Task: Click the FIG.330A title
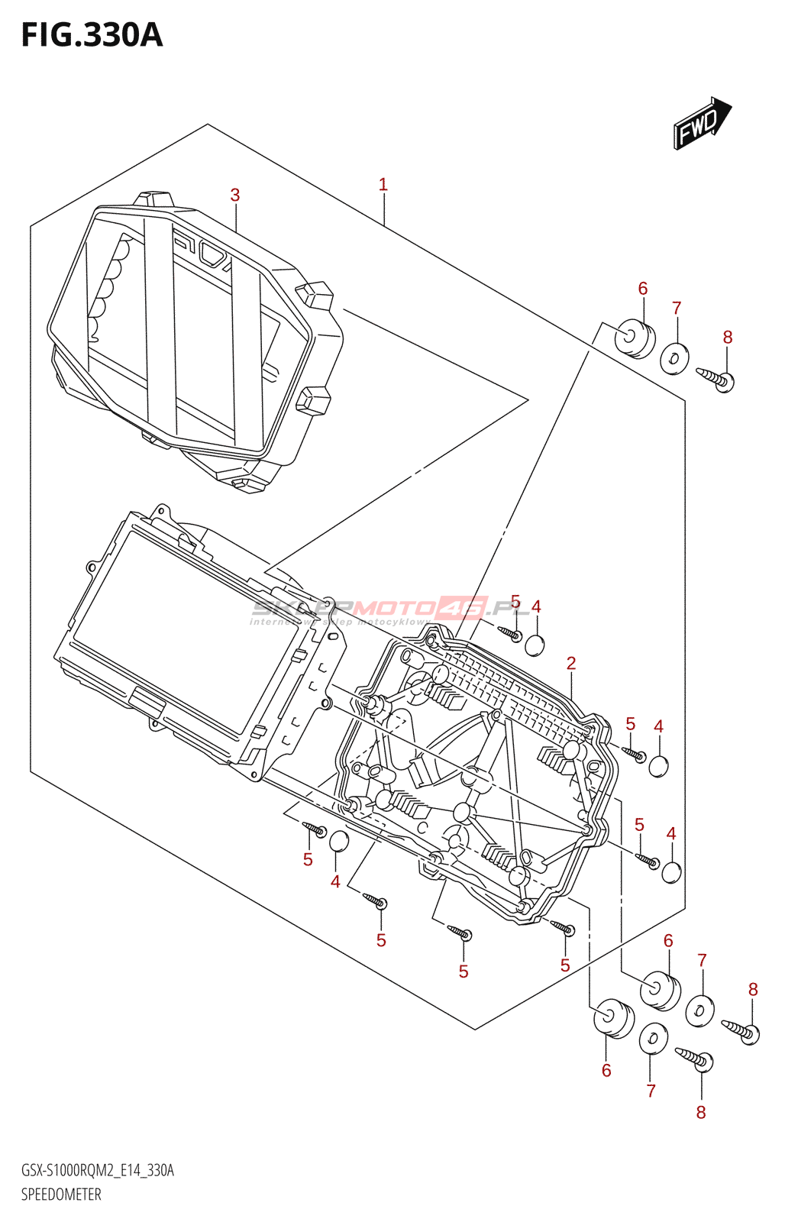(x=92, y=35)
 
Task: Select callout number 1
(x=383, y=185)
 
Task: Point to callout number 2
(x=571, y=663)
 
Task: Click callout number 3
(x=235, y=196)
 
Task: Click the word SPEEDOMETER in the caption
(x=61, y=1195)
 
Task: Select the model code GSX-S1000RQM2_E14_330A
(x=98, y=1170)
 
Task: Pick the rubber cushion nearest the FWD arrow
(x=635, y=338)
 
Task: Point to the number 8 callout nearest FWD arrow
(x=728, y=338)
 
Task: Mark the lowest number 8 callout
(x=701, y=1113)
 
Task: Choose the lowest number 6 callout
(x=606, y=1071)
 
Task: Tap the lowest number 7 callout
(x=651, y=1091)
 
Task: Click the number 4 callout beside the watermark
(x=536, y=607)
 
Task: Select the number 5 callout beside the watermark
(x=515, y=602)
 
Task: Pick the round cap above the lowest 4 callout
(x=338, y=842)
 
